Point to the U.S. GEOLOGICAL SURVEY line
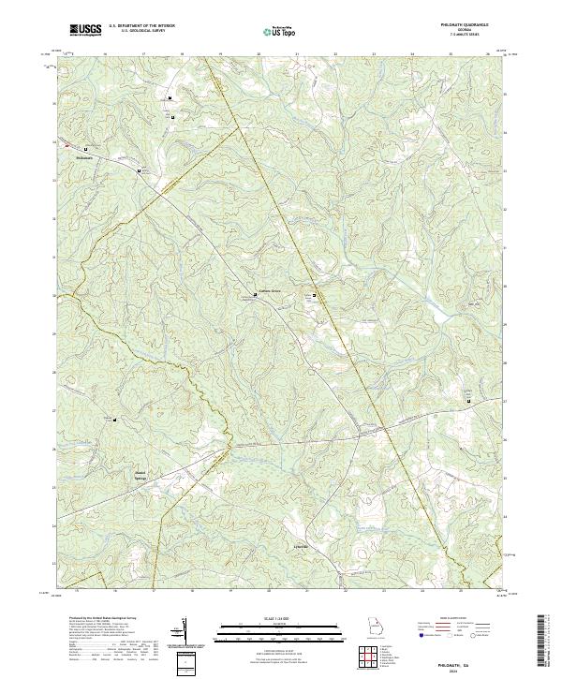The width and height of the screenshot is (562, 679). click(141, 32)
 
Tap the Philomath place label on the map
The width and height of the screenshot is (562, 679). click(84, 156)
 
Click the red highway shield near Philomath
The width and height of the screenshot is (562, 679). click(67, 144)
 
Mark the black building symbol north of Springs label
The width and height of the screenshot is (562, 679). click(115, 420)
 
